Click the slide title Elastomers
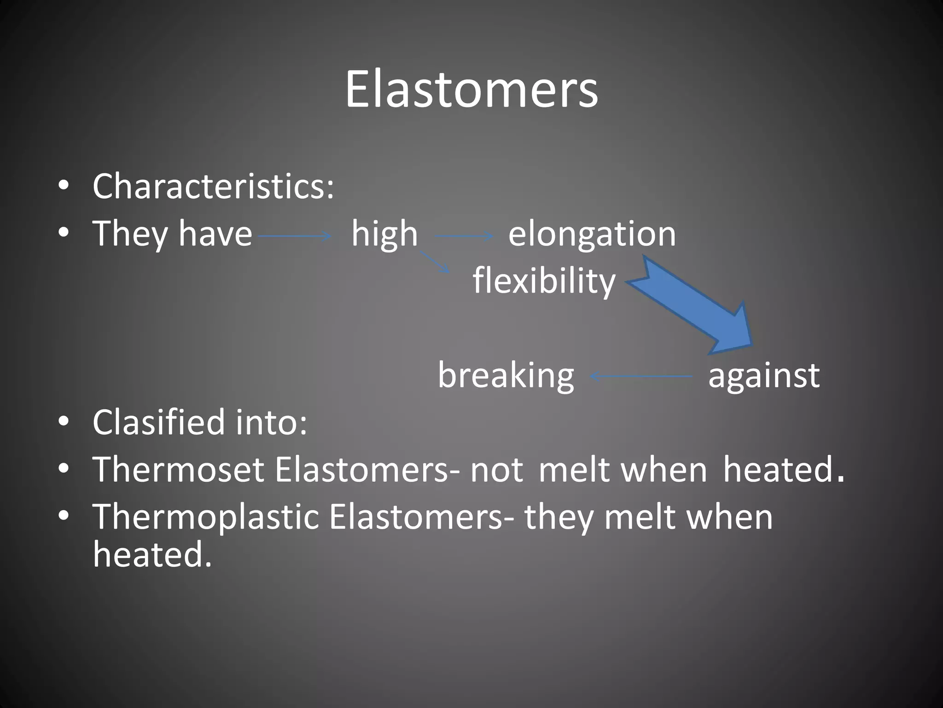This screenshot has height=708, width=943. [x=471, y=89]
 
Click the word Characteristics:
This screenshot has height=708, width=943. [x=213, y=186]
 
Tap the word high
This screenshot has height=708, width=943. [x=384, y=234]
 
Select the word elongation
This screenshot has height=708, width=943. [x=592, y=234]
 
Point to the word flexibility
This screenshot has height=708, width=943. [x=544, y=281]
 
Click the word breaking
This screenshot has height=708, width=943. [x=506, y=375]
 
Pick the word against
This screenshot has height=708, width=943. [x=764, y=375]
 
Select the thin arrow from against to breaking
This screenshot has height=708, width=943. [x=641, y=377]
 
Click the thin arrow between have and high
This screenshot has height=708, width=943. [x=295, y=236]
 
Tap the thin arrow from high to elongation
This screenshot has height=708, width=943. [x=464, y=236]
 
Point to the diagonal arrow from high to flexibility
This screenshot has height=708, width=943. [x=434, y=262]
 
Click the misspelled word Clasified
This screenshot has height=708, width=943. [x=158, y=422]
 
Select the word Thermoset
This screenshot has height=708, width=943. [x=178, y=470]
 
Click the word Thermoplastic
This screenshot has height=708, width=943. [x=206, y=517]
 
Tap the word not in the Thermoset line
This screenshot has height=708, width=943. [x=496, y=471]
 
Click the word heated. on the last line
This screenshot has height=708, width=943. [x=152, y=555]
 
